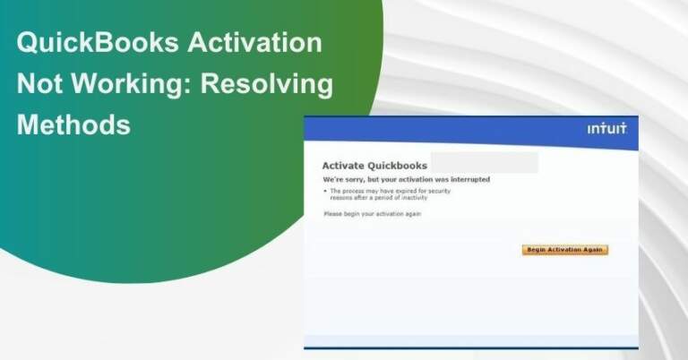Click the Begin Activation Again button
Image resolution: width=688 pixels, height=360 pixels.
[x=564, y=250]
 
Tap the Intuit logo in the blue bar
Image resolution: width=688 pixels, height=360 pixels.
[x=606, y=129]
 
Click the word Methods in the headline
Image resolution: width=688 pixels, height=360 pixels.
[x=73, y=124]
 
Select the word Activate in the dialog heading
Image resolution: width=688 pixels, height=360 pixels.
[x=345, y=166]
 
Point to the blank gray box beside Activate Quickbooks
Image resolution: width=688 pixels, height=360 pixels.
[x=484, y=163]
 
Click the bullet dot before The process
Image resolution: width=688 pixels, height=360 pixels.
[x=324, y=192]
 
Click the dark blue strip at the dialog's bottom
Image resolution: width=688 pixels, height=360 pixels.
[x=470, y=347]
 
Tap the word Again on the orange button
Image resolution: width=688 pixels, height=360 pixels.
[x=592, y=250]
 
